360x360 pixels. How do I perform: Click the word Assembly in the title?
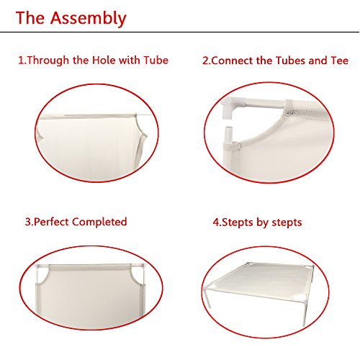(x=88, y=19)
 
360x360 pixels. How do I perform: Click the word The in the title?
(x=30, y=18)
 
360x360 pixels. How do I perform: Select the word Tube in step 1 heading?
(x=156, y=60)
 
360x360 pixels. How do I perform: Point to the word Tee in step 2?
(x=339, y=60)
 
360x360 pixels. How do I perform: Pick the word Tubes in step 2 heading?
(x=291, y=60)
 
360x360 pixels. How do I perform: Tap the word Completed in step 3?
(x=99, y=222)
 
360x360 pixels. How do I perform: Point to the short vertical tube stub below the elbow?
(x=229, y=135)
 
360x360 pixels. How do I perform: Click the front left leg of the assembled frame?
(x=207, y=297)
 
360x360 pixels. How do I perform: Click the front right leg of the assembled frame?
(x=305, y=311)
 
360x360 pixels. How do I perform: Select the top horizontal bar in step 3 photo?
(x=91, y=266)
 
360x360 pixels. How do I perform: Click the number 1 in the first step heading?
(x=21, y=60)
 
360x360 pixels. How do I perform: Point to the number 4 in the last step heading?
(x=216, y=222)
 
